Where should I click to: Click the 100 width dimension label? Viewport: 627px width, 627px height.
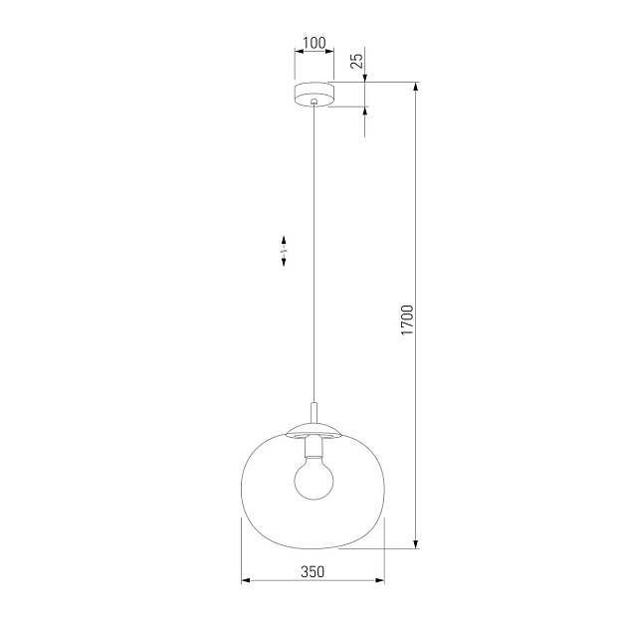pyautogui.click(x=313, y=43)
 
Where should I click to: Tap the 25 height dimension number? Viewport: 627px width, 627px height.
pyautogui.click(x=356, y=62)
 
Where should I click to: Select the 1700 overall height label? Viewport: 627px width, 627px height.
pyautogui.click(x=406, y=317)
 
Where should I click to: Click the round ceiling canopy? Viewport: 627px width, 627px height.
pyautogui.click(x=314, y=95)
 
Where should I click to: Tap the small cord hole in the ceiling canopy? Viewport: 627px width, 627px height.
pyautogui.click(x=314, y=100)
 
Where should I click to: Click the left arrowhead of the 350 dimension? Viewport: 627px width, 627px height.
pyautogui.click(x=247, y=581)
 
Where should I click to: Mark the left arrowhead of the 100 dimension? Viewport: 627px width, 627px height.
pyautogui.click(x=298, y=52)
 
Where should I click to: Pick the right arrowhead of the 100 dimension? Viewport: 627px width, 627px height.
pyautogui.click(x=331, y=52)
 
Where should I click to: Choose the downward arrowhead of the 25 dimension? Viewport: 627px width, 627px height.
pyautogui.click(x=365, y=79)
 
